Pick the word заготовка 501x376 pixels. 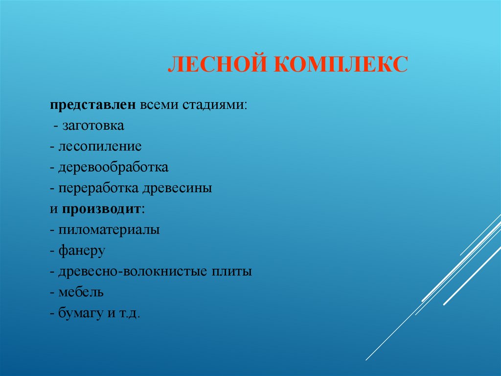[x=93, y=126]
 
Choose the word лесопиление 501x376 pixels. [x=100, y=147]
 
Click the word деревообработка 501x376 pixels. [x=114, y=167]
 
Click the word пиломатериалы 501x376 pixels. [x=109, y=229]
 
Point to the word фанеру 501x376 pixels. [x=82, y=251]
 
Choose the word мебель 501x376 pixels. [x=81, y=292]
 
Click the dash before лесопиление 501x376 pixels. [x=52, y=147]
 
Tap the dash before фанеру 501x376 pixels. [x=52, y=251]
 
